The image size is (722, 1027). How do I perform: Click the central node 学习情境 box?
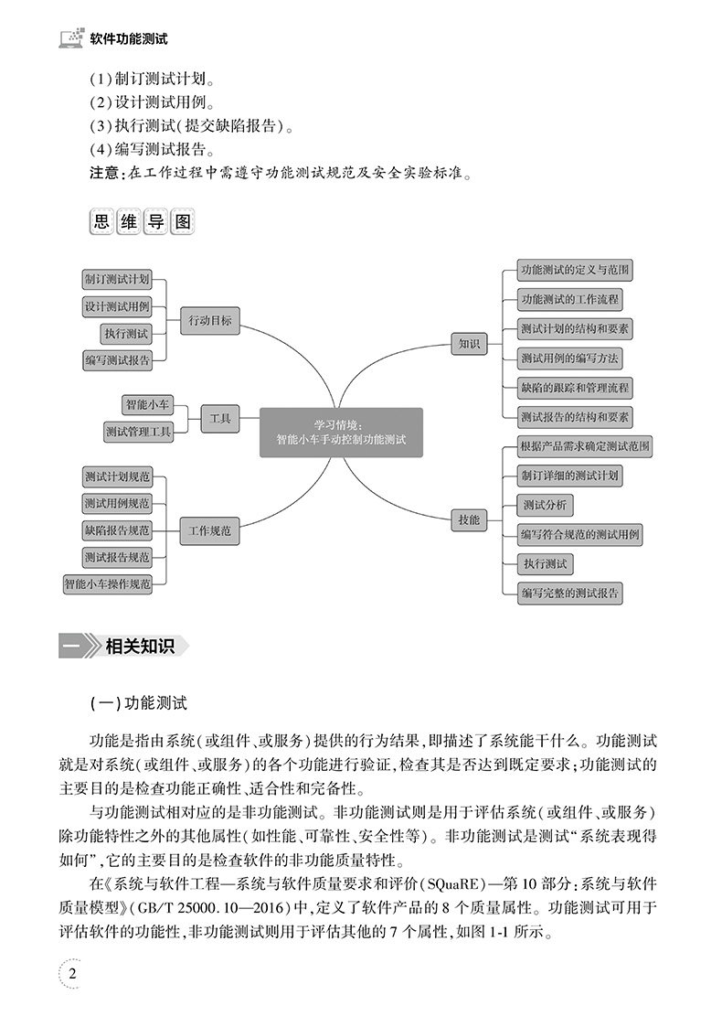coord(341,432)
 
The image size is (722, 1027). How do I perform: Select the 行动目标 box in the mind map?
coord(210,320)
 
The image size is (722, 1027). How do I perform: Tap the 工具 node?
coord(220,419)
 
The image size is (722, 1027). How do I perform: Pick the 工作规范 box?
coord(209,530)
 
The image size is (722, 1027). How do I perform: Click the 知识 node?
coord(469,344)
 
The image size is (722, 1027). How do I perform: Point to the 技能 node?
coord(469,519)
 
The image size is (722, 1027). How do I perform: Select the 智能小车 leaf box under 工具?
coord(147,403)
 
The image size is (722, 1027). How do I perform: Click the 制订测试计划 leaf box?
coord(117,279)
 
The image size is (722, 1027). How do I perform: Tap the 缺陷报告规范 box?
coord(117,530)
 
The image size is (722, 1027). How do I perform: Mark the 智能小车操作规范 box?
coord(107,583)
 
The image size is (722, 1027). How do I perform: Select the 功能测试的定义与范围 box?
coord(574,270)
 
